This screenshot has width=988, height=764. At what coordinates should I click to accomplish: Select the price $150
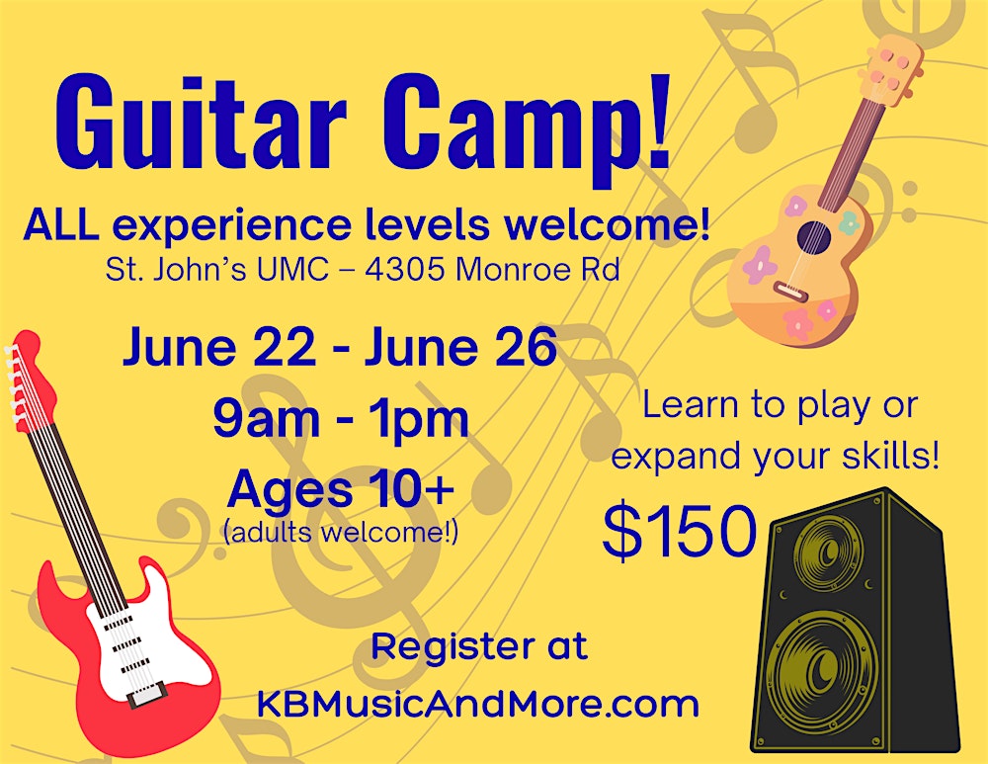(680, 534)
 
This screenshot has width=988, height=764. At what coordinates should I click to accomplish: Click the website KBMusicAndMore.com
(478, 704)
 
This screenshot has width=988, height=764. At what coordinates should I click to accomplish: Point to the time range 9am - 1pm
(341, 419)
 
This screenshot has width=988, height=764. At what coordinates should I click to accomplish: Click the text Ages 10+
(341, 489)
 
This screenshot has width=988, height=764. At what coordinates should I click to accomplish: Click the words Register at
(479, 648)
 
